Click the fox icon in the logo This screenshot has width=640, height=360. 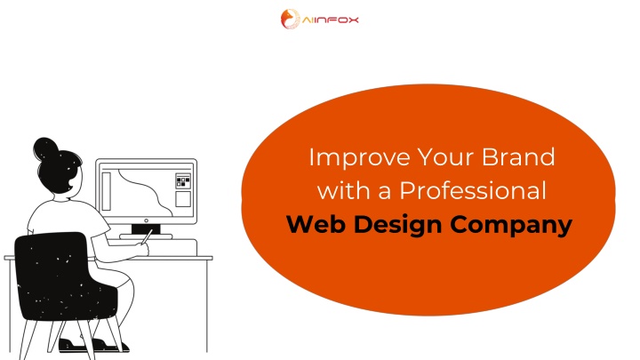[x=290, y=20]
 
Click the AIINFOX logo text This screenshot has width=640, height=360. [x=330, y=20]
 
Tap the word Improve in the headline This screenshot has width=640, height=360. [x=359, y=157]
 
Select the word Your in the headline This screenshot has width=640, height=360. [x=445, y=157]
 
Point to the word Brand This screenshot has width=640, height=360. [x=518, y=156]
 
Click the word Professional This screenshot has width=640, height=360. [x=473, y=190]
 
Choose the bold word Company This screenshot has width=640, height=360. [x=511, y=226]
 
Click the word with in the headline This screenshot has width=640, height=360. [x=344, y=190]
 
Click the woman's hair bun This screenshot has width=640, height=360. [x=45, y=149]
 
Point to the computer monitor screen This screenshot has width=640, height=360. [x=146, y=190]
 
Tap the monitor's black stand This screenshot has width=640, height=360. [x=146, y=229]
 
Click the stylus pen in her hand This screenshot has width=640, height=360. [x=147, y=236]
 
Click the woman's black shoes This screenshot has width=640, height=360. [x=94, y=345]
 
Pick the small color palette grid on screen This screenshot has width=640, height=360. [x=183, y=180]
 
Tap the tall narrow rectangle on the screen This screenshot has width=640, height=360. [x=106, y=191]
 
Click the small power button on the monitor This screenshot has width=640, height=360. [x=146, y=220]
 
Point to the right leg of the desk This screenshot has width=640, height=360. [x=207, y=305]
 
